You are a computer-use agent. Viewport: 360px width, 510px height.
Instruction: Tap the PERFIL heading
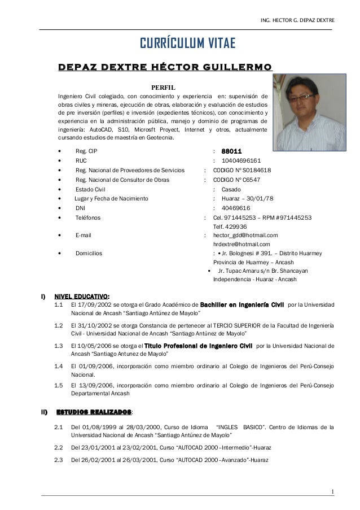point(164,87)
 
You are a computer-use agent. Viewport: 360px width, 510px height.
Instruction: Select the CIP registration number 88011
point(231,151)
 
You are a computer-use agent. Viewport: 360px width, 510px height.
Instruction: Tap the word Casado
point(231,189)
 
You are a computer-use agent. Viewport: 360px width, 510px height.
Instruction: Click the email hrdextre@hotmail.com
point(242,244)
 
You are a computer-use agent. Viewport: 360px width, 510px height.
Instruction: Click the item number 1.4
point(58,366)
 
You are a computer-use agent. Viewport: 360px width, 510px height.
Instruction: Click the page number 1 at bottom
point(333,490)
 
